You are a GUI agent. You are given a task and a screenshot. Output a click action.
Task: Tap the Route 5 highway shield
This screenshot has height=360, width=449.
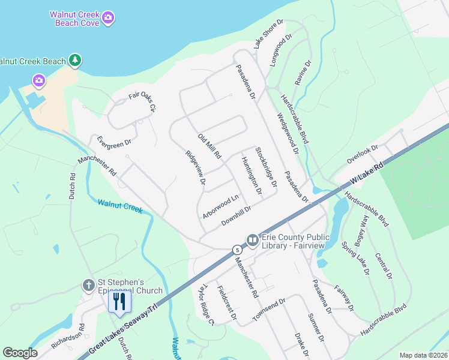238,249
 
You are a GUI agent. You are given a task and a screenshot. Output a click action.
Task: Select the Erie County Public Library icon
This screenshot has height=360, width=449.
252,241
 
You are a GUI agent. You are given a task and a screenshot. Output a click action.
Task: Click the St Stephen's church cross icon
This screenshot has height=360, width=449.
88,285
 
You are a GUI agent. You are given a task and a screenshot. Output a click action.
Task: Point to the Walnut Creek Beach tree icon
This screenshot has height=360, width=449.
74,60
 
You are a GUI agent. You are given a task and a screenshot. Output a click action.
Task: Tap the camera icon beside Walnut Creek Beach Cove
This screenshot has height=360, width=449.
108,17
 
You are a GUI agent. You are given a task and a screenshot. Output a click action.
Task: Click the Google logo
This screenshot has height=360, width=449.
20,353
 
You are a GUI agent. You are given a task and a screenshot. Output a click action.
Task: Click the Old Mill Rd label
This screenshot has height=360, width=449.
210,147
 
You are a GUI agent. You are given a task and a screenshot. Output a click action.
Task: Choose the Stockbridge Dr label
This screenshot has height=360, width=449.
266,167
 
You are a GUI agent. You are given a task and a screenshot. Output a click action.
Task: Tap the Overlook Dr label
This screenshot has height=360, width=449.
363,154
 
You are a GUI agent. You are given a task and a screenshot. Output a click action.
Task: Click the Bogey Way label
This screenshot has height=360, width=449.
363,228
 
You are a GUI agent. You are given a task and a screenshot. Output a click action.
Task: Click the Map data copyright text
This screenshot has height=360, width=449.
423,355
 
